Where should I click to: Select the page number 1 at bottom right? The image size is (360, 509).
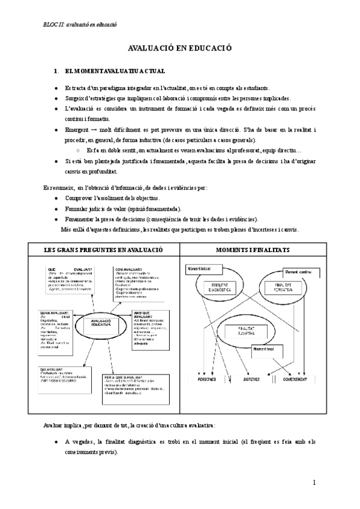314,482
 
